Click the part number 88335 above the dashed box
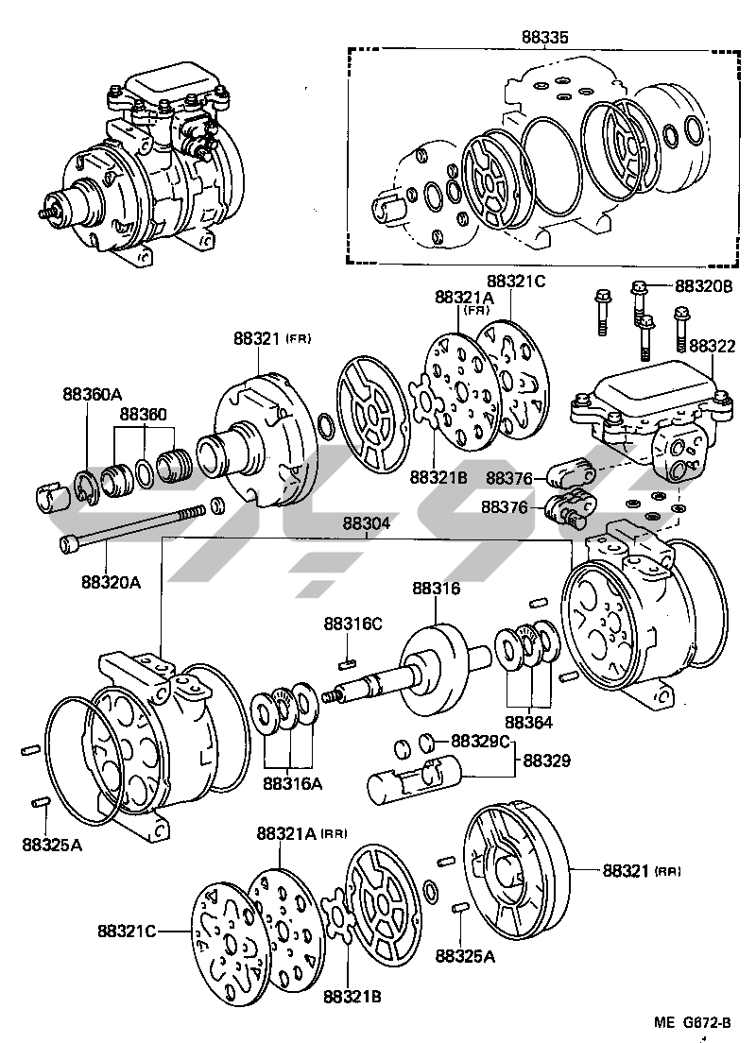click(545, 38)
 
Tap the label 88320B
click(703, 284)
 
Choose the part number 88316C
click(353, 623)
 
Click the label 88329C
click(481, 740)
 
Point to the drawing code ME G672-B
click(693, 1022)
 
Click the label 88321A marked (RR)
click(288, 833)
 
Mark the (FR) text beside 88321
click(299, 339)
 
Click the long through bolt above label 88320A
click(132, 528)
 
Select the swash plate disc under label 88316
click(436, 661)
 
